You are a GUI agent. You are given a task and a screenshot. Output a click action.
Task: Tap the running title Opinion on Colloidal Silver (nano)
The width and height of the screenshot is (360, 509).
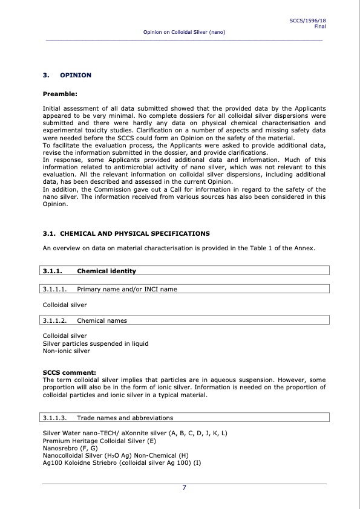[x=184, y=31]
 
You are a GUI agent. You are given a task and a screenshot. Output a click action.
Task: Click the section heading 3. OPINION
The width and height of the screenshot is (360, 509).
[x=67, y=75]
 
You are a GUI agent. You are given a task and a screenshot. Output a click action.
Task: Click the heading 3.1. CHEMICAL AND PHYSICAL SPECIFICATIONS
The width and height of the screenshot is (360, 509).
[x=126, y=233]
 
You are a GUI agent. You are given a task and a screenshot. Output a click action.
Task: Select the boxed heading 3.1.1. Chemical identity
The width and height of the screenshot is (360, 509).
[x=106, y=271]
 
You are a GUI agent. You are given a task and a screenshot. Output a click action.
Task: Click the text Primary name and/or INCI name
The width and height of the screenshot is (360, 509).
[x=127, y=289]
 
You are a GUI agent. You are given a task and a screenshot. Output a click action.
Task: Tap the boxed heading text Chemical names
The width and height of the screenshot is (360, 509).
[x=102, y=320]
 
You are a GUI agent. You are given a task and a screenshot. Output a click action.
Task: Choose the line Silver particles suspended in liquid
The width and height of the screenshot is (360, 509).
[x=96, y=343]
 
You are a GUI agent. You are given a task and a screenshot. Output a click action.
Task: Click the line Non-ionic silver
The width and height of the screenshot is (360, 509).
[x=67, y=351]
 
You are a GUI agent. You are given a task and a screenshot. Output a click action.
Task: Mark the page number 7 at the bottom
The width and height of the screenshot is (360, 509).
[x=184, y=488]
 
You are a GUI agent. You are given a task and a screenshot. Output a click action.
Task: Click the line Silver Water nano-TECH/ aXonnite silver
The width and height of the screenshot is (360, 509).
[x=135, y=434]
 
